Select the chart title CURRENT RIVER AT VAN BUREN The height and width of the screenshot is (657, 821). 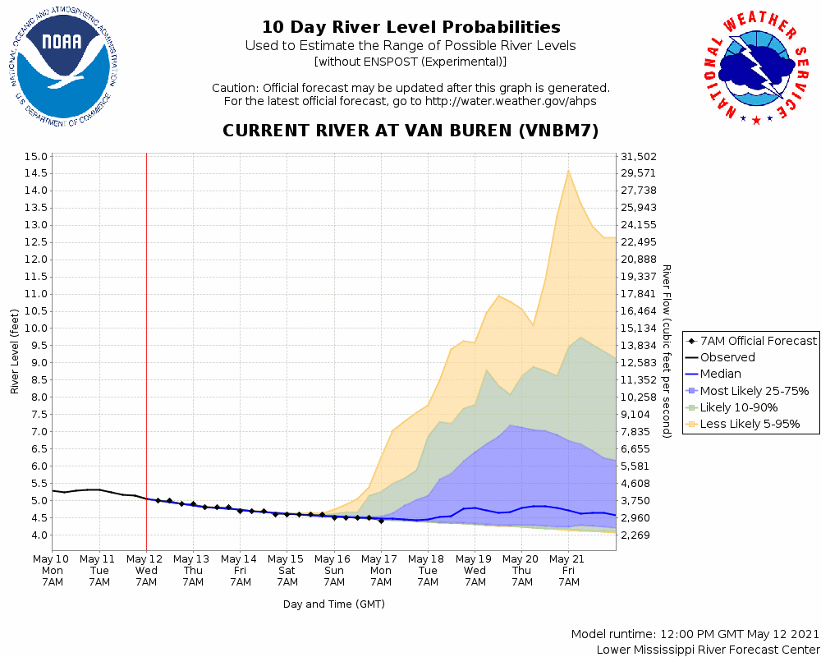click(410, 131)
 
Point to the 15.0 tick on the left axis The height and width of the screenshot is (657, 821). click(36, 156)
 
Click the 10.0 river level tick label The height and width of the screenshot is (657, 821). click(36, 328)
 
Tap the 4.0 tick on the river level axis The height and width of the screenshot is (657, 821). click(36, 535)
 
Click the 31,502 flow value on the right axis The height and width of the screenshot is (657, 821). click(640, 156)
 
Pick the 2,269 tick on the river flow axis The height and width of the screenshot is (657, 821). click(640, 535)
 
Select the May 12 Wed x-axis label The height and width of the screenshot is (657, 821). click(146, 570)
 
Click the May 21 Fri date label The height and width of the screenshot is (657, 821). click(568, 570)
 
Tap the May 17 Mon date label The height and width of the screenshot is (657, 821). click(381, 570)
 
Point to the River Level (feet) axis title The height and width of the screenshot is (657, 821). click(15, 351)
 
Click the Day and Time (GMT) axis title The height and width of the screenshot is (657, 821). click(334, 604)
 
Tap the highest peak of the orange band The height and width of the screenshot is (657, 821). click(568, 171)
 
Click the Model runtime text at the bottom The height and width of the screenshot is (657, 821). click(694, 634)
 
